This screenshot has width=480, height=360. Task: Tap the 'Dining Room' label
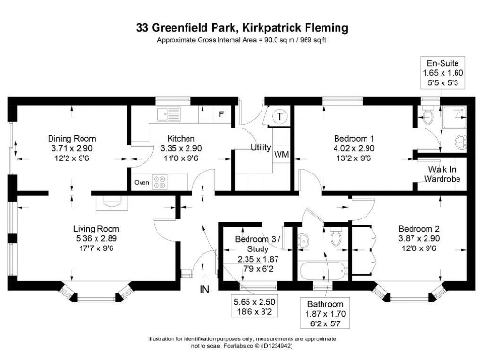click(x=72, y=139)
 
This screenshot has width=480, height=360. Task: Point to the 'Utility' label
click(x=261, y=148)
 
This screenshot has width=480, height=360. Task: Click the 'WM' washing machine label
click(x=281, y=153)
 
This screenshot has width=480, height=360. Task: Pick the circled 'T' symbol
click(x=279, y=115)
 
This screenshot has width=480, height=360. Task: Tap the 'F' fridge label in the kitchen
click(x=220, y=113)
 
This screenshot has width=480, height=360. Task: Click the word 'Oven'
click(x=142, y=183)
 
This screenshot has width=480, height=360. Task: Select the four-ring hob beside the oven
click(x=159, y=183)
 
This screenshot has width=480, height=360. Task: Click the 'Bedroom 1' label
click(x=354, y=139)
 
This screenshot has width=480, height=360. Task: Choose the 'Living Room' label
click(x=96, y=228)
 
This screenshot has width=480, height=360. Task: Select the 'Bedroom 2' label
click(x=418, y=228)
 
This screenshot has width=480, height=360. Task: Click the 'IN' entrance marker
click(x=204, y=288)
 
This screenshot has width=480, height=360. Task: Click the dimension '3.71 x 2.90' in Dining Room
click(x=72, y=148)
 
